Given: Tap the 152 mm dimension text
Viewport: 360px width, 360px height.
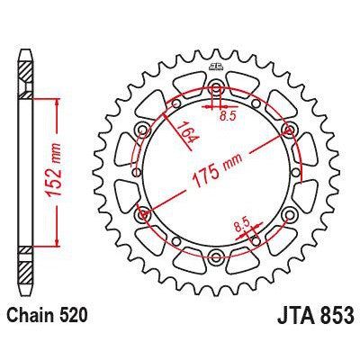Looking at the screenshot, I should pos(72,173).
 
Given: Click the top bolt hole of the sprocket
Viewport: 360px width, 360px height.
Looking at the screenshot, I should pos(216,89).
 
